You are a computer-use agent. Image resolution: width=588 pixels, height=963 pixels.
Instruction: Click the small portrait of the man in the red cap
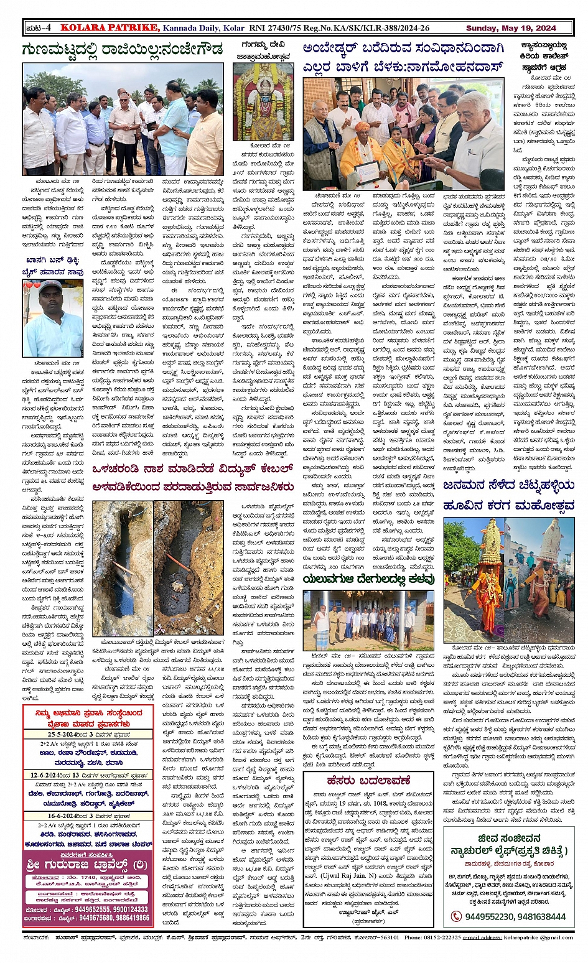coord(52,317)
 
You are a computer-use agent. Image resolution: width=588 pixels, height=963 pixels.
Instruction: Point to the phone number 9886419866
coord(133,918)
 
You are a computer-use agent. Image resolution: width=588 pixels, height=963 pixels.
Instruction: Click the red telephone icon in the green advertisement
coord(456,916)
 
